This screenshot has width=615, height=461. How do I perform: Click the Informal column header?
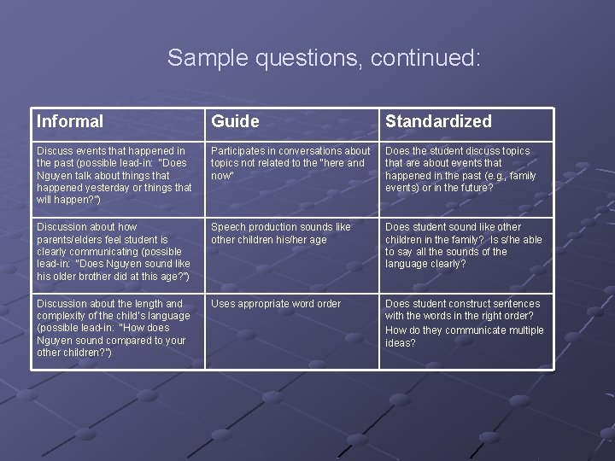click(70, 122)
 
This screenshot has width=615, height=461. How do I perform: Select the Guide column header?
click(235, 122)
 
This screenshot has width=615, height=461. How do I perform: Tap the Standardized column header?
click(438, 122)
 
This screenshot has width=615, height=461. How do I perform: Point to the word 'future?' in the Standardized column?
click(475, 188)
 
